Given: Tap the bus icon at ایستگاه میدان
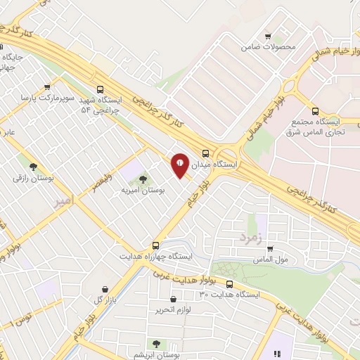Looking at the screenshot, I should (205, 153).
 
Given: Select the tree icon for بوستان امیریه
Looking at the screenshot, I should (143, 179).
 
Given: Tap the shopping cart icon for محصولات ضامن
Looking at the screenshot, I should (267, 37).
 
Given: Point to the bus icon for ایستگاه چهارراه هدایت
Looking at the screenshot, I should (155, 246).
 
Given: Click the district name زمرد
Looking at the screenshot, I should (250, 238).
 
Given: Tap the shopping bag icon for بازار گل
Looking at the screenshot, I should (105, 289).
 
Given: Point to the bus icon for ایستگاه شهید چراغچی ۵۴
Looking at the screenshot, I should (101, 89).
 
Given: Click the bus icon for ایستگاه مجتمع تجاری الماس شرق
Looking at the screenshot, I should (314, 110).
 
